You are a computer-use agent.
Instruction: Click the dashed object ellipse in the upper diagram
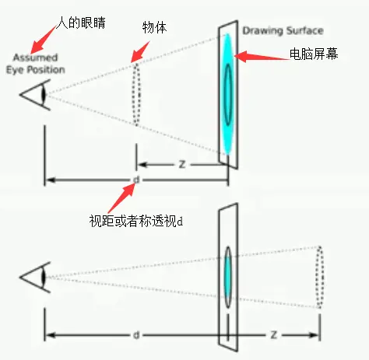(136, 93)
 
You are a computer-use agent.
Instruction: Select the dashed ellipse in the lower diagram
(319, 277)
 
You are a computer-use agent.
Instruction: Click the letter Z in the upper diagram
(181, 165)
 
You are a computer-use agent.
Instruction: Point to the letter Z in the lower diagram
(274, 335)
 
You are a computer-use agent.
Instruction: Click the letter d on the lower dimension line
(136, 335)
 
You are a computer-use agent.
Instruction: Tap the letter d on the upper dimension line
(136, 180)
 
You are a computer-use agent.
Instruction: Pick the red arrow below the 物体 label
(139, 51)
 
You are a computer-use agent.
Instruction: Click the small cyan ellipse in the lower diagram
(227, 277)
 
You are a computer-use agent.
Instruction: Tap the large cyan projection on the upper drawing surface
(227, 93)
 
